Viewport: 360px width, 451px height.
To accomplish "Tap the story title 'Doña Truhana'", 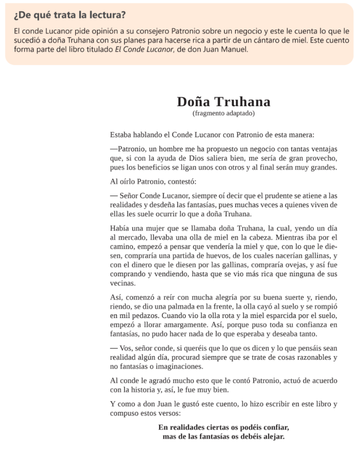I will (224, 102).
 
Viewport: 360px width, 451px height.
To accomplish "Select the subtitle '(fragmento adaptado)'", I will (224, 113).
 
